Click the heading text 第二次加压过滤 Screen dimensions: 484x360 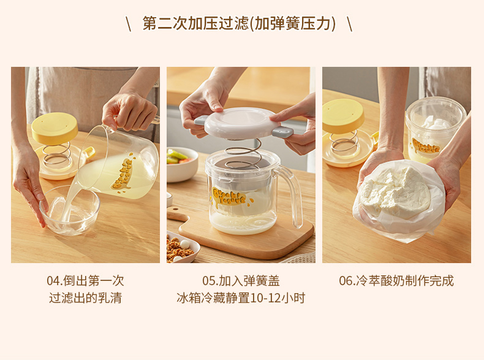(x=195, y=23)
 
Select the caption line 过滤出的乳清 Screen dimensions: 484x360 (x=86, y=298)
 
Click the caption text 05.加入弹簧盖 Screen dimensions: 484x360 (x=241, y=281)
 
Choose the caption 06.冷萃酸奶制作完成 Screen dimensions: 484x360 (x=396, y=281)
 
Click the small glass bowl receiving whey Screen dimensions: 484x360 (x=70, y=210)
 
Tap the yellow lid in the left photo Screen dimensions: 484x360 (x=55, y=128)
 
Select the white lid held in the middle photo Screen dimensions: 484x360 (x=238, y=123)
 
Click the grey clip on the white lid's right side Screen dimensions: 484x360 (x=282, y=132)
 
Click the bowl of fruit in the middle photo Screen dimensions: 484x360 (x=182, y=164)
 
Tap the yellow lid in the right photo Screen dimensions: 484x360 (x=342, y=116)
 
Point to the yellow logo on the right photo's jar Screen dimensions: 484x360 (x=426, y=145)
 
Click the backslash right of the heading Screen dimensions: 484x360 (x=349, y=24)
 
